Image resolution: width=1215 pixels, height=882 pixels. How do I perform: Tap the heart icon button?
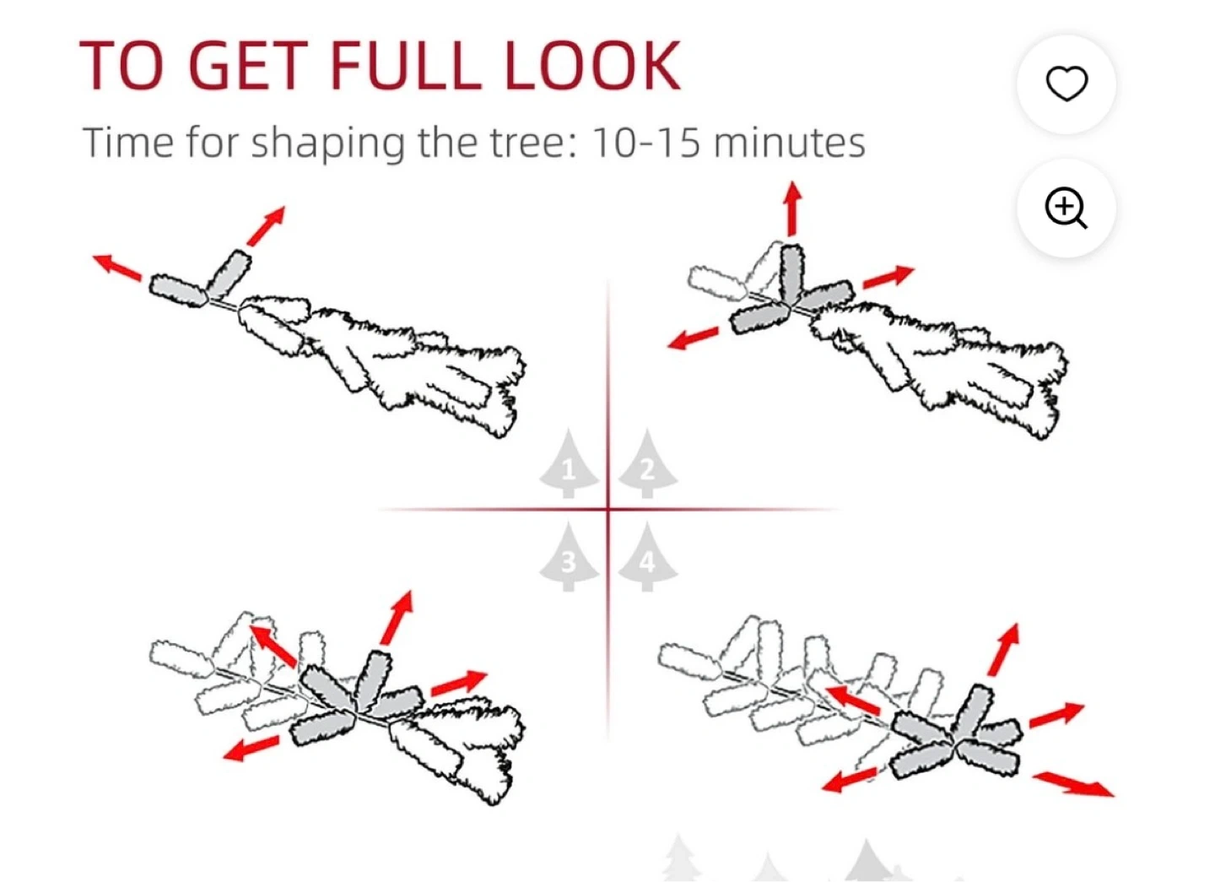pyautogui.click(x=1066, y=84)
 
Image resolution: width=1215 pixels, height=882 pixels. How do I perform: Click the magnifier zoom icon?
pyautogui.click(x=1066, y=208)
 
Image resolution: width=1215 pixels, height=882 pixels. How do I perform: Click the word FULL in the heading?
pyautogui.click(x=405, y=66)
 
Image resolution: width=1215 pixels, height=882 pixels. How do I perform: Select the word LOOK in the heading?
pyautogui.click(x=592, y=66)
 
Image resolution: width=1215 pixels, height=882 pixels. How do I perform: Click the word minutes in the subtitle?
pyautogui.click(x=789, y=143)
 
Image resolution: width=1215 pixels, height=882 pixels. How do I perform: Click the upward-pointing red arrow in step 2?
pyautogui.click(x=793, y=208)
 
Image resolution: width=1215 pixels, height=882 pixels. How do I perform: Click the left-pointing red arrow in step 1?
pyautogui.click(x=117, y=267)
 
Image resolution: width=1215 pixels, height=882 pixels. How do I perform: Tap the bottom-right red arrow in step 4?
pyautogui.click(x=1073, y=784)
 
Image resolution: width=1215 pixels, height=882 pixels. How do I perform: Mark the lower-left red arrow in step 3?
pyautogui.click(x=251, y=748)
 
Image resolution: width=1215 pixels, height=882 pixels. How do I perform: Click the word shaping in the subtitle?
pyautogui.click(x=327, y=144)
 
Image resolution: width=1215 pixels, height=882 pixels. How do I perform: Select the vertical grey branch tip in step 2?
pyautogui.click(x=792, y=274)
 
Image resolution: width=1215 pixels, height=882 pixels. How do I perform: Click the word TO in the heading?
pyautogui.click(x=121, y=66)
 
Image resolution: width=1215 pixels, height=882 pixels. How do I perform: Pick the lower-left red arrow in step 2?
pyautogui.click(x=693, y=338)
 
